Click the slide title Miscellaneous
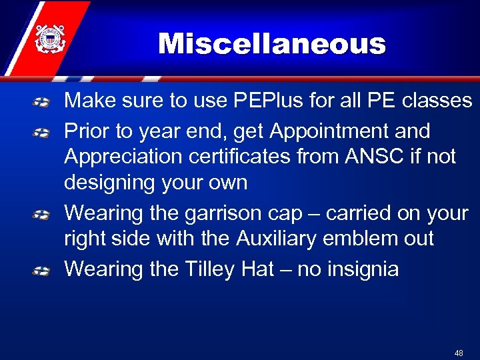click(272, 45)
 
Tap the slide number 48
click(459, 353)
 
